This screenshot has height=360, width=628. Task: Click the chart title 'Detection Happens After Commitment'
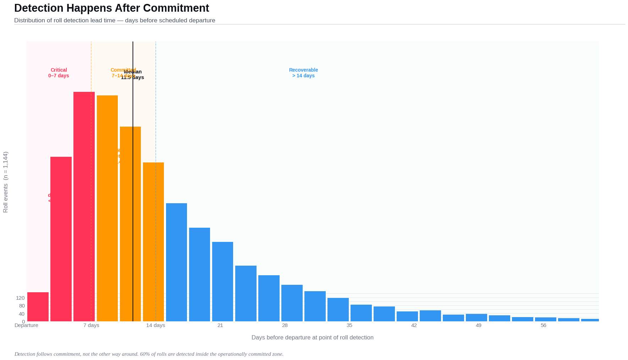click(111, 8)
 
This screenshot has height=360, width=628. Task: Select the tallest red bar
click(84, 206)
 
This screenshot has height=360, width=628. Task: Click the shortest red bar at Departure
click(38, 307)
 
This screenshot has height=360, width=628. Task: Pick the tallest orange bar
click(107, 208)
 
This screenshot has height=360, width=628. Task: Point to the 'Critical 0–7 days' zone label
click(59, 73)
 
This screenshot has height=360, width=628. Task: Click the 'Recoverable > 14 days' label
click(303, 73)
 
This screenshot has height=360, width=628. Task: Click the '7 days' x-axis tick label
click(91, 325)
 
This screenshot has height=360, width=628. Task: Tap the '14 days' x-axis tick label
click(155, 325)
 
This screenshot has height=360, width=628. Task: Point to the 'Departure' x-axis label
click(26, 325)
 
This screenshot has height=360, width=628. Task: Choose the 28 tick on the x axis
click(285, 325)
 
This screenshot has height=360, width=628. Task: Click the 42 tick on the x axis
click(414, 325)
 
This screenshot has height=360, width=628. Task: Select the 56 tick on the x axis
click(543, 325)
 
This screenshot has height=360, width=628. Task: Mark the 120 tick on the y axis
click(20, 298)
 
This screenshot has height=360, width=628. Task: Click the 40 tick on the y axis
click(21, 314)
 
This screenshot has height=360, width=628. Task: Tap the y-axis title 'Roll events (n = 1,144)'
click(5, 182)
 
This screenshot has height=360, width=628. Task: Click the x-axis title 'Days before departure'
click(312, 337)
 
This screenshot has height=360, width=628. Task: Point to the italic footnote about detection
click(149, 354)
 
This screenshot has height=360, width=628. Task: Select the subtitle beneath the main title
click(115, 20)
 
